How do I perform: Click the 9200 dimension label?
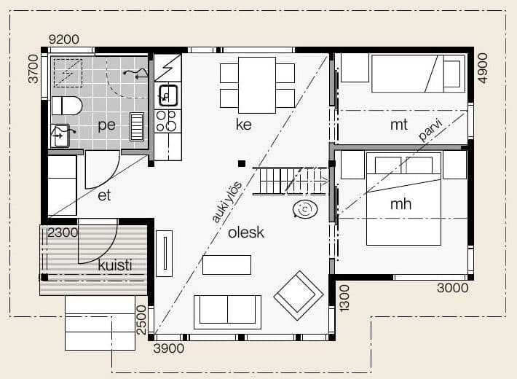click(64, 39)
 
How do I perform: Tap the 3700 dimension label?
click(33, 69)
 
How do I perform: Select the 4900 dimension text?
click(482, 68)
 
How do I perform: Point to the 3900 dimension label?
click(169, 348)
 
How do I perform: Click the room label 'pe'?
click(107, 125)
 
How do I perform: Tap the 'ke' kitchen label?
click(244, 124)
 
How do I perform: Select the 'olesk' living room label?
click(246, 233)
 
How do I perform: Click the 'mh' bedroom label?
click(400, 203)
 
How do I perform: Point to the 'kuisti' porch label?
click(115, 265)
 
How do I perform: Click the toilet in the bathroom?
click(66, 106)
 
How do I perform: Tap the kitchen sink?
click(168, 95)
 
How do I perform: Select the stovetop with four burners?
click(167, 121)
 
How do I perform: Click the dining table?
click(257, 85)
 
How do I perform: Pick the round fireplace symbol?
click(305, 209)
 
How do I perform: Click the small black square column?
click(242, 163)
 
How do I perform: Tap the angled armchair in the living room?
click(299, 295)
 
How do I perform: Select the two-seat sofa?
click(227, 312)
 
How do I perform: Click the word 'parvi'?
click(430, 130)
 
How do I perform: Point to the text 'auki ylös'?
click(227, 202)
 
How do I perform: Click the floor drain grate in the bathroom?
click(136, 127)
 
